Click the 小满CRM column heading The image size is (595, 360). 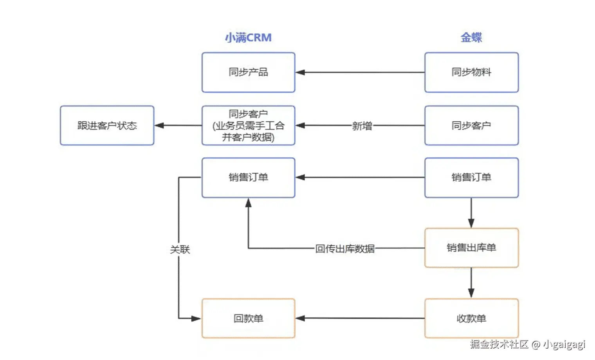248,38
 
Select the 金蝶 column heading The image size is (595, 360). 471,38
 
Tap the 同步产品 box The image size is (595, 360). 248,72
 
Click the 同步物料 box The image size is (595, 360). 471,72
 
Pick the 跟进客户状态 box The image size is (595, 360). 107,126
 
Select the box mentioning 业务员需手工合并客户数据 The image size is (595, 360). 248,126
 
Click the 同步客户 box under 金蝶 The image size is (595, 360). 471,126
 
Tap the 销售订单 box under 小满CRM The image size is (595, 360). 248,178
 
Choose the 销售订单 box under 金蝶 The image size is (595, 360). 471,178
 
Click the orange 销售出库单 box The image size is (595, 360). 471,248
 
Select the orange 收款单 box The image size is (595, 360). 471,319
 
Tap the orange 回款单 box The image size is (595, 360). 248,319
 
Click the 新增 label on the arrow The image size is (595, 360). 362,126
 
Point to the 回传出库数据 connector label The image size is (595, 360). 345,248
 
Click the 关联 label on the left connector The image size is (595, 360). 180,250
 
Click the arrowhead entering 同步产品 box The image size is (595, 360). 300,72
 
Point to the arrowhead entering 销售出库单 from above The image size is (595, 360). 471,223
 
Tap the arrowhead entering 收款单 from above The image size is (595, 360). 471,293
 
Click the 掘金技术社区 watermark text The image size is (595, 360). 499,344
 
